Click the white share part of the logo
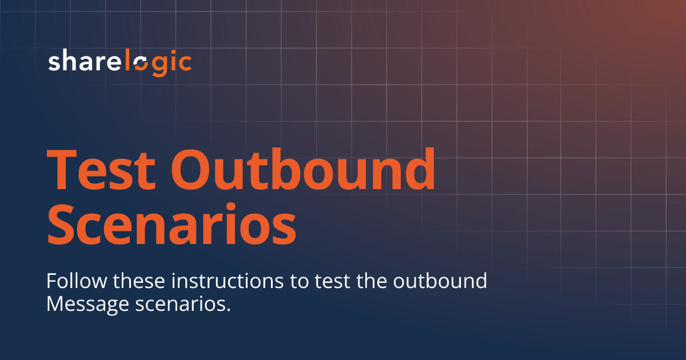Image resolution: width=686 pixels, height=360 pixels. pyautogui.click(x=82, y=62)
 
